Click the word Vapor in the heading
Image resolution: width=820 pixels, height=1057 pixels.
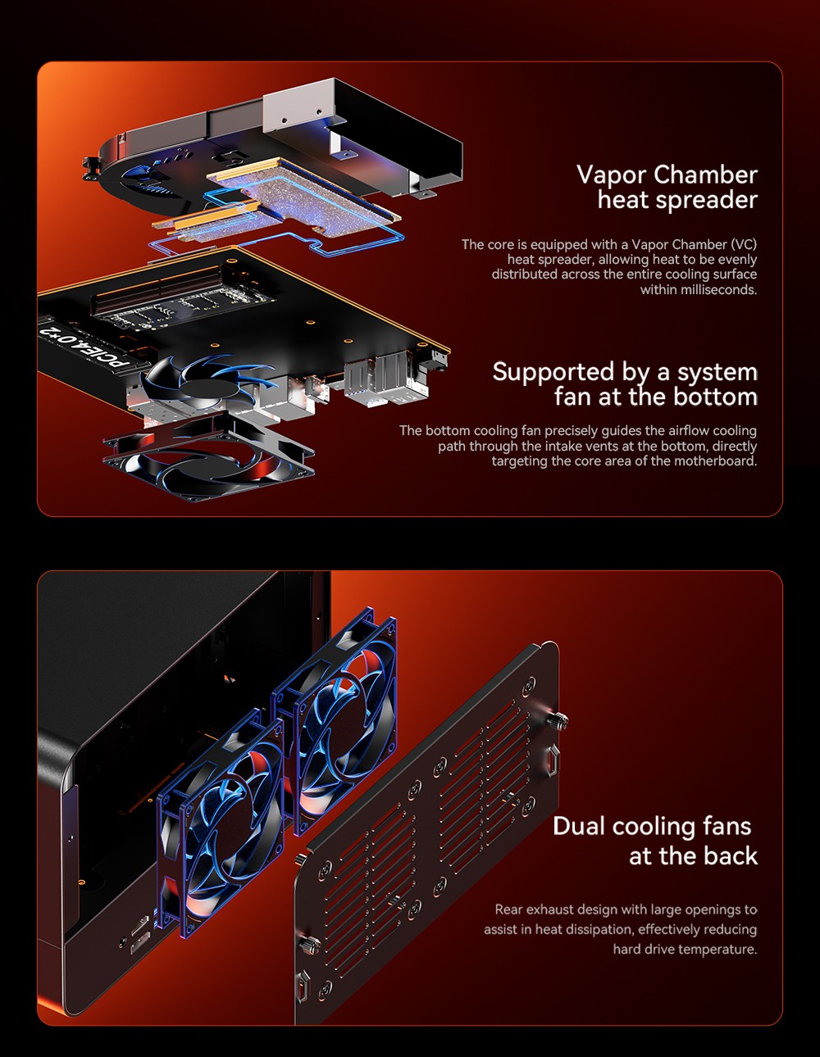click(x=612, y=175)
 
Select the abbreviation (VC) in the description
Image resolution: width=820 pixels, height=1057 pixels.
click(x=744, y=244)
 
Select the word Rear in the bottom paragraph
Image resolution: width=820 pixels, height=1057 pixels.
click(x=508, y=910)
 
